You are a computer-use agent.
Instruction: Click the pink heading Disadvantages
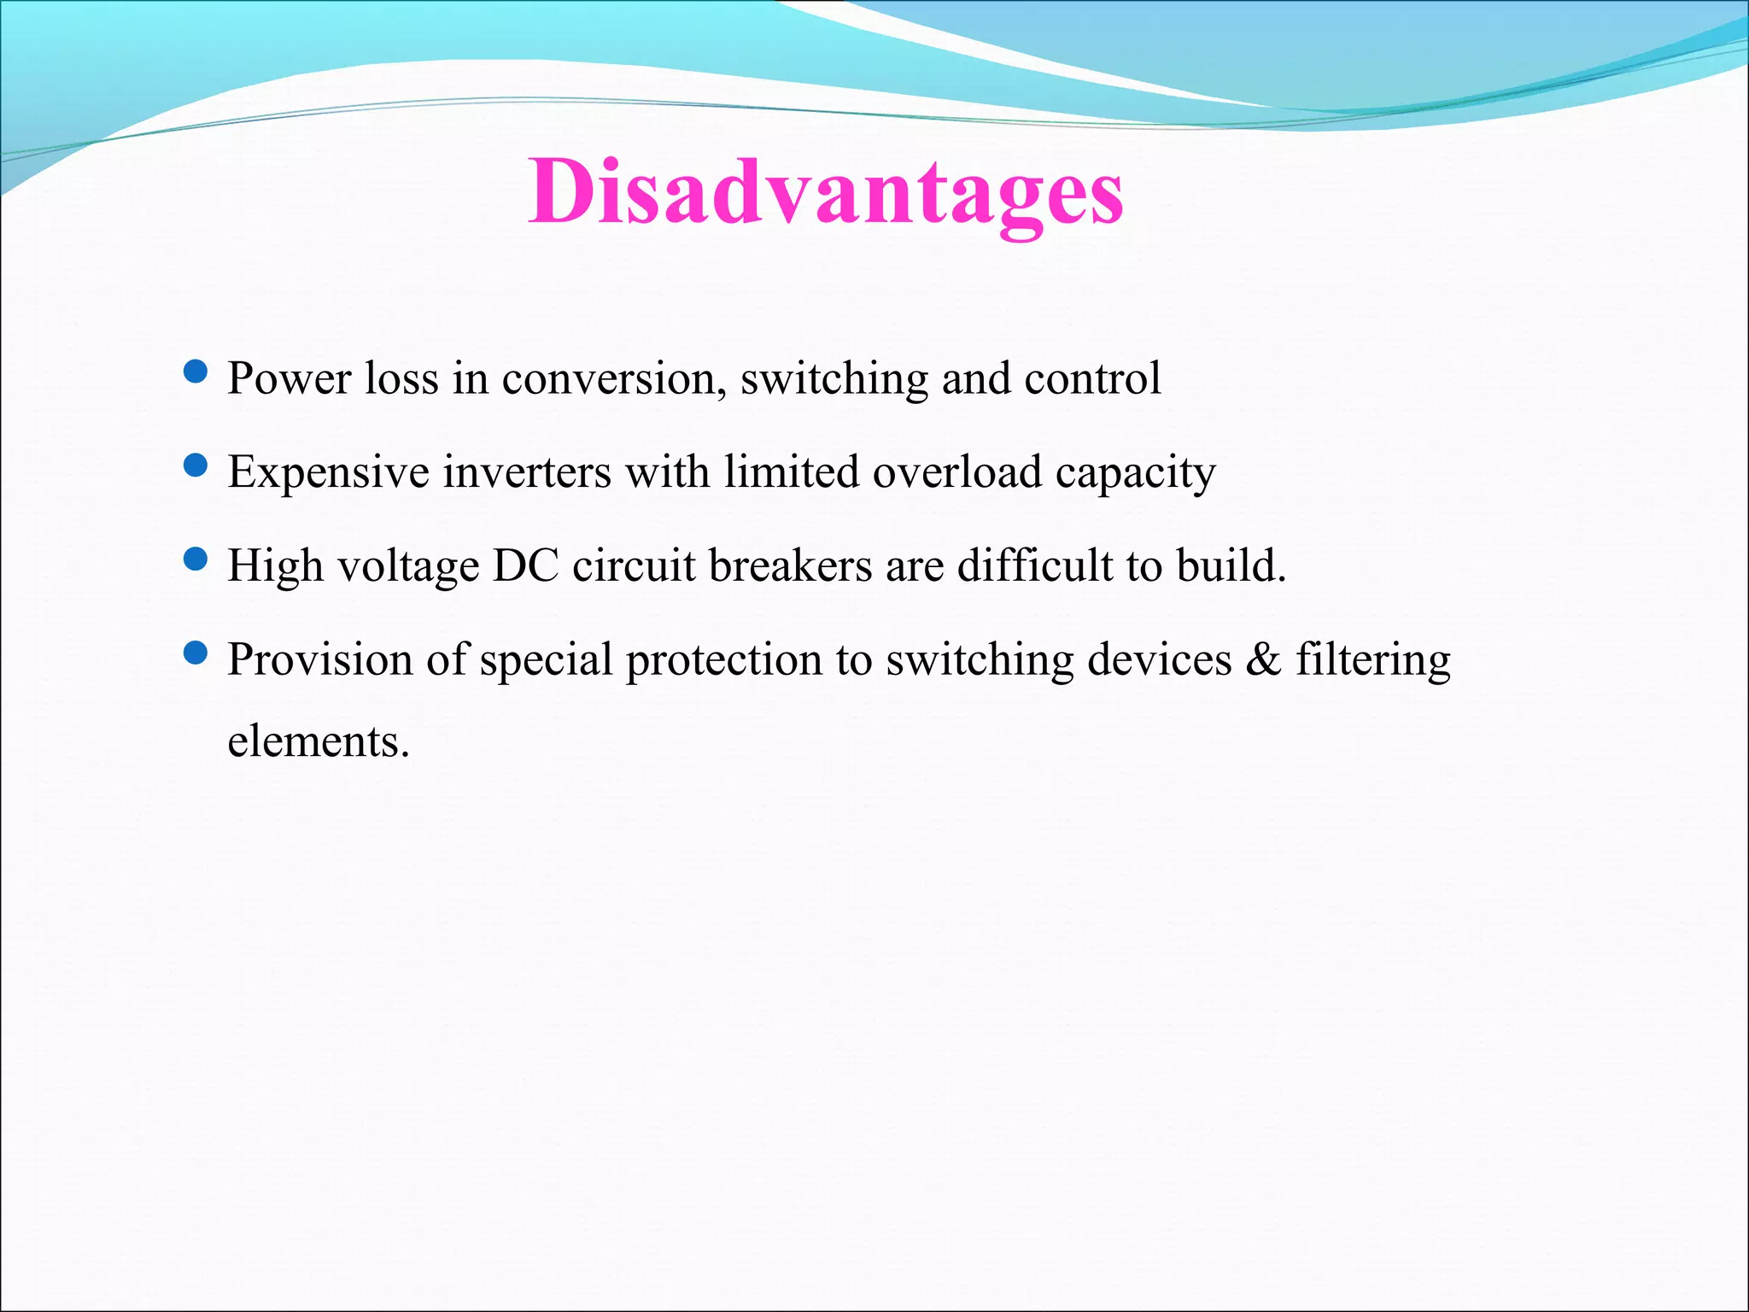pos(825,193)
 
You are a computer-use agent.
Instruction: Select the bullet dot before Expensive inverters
pos(196,466)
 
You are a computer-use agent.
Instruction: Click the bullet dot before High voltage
pos(196,559)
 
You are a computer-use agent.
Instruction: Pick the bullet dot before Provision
pos(196,653)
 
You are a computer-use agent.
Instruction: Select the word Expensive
pos(328,473)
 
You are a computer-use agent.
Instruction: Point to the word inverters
pos(527,471)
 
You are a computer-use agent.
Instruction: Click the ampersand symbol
pos(1263,660)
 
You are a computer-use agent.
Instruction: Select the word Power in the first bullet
pos(289,379)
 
